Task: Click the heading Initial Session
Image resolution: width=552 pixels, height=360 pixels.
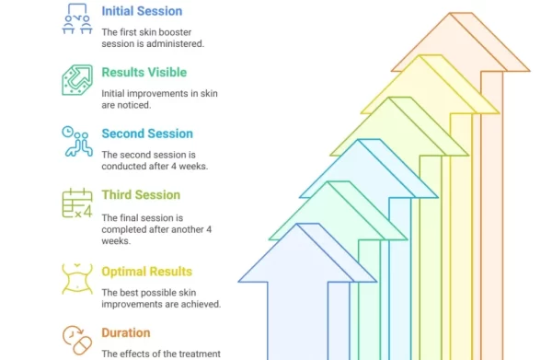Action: click(142, 11)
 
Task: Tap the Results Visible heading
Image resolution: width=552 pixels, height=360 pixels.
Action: click(144, 72)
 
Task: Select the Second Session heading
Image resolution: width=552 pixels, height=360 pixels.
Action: click(147, 134)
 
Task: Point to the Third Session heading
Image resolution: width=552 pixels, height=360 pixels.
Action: click(141, 195)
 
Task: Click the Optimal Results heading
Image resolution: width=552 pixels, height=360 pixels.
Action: click(147, 272)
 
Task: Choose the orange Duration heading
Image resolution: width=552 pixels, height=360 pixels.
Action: click(126, 333)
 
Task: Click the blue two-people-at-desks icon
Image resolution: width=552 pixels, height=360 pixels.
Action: click(77, 18)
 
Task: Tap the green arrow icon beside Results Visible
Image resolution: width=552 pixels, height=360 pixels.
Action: click(77, 80)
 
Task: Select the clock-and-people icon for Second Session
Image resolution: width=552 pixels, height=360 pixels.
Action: click(77, 141)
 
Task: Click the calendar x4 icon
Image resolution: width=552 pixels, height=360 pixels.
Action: click(77, 203)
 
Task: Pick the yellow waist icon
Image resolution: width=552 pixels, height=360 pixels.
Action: click(77, 279)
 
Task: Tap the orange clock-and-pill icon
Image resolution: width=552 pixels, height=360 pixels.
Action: click(77, 340)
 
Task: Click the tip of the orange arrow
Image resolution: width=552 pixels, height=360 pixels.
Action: click(450, 13)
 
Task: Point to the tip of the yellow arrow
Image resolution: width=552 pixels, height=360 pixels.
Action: click(420, 55)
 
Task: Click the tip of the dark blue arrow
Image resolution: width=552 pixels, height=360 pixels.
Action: click(297, 224)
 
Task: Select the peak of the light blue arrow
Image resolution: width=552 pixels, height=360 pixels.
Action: click(359, 140)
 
